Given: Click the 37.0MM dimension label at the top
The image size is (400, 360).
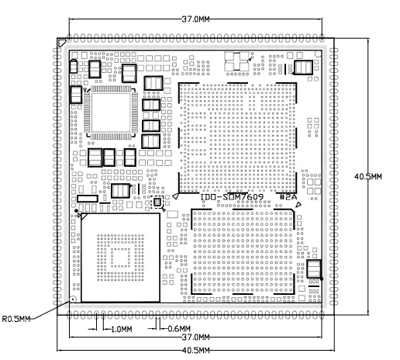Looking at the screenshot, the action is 195,19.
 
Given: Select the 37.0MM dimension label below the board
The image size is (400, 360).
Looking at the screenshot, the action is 195,337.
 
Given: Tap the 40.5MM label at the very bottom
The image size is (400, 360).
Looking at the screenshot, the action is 195,351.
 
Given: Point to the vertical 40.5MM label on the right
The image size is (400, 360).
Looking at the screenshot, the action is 368,177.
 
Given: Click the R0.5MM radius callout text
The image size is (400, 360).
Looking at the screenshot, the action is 16,319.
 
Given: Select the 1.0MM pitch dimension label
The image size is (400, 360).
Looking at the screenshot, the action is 122,329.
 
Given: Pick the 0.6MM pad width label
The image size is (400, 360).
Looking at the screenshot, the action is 179,329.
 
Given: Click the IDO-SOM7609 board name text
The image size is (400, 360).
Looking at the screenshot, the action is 232,197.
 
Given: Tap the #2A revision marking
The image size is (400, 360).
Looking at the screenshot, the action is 288,197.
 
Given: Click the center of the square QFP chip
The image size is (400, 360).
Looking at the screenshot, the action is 111,112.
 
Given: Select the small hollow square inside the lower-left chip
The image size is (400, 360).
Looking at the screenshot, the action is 120,258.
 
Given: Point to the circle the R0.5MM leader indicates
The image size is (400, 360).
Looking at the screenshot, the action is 74,299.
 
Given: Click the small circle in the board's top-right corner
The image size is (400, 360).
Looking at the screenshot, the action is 318,54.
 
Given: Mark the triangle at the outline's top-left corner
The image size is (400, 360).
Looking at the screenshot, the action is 62,43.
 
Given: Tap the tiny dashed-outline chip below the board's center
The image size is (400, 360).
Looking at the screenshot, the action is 157,202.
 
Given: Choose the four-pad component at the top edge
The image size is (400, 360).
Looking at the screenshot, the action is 236,61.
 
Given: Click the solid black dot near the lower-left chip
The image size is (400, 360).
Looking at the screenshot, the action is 76,211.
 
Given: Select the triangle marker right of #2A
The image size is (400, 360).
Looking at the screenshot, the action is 298,205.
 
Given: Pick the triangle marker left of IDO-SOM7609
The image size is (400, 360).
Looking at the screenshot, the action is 175,196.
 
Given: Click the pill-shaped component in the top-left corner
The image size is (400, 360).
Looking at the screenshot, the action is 74,66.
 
